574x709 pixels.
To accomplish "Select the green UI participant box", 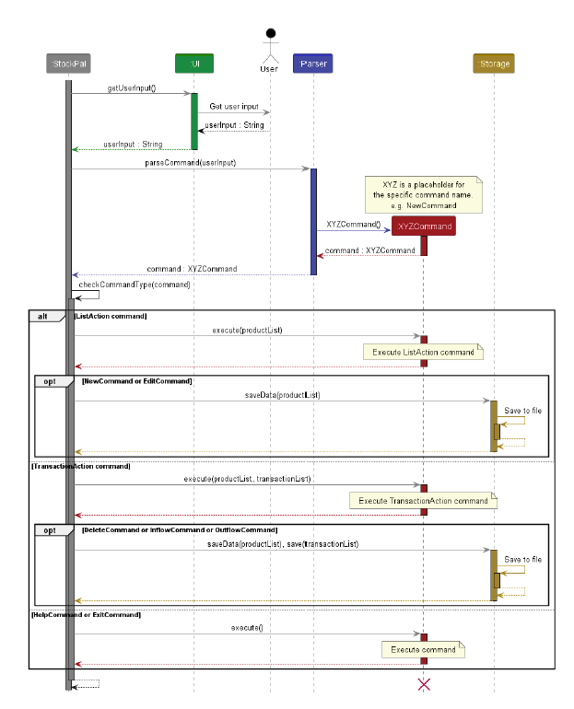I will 193,64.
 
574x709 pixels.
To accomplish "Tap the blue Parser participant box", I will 313,64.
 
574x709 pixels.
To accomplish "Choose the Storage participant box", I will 494,64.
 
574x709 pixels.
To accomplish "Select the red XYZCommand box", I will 424,227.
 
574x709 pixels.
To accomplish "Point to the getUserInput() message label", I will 132,88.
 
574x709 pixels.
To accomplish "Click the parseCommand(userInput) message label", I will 190,163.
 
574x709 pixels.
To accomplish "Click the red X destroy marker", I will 424,684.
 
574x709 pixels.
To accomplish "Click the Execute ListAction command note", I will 423,353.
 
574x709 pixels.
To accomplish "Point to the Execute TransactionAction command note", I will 423,501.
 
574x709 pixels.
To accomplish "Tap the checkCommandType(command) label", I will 141,285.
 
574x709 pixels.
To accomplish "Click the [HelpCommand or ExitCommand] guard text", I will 86,614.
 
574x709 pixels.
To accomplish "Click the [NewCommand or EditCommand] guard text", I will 136,380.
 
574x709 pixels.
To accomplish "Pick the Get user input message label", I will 234,107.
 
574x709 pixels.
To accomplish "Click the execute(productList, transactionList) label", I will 247,479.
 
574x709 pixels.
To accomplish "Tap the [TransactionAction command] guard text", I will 81,466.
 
